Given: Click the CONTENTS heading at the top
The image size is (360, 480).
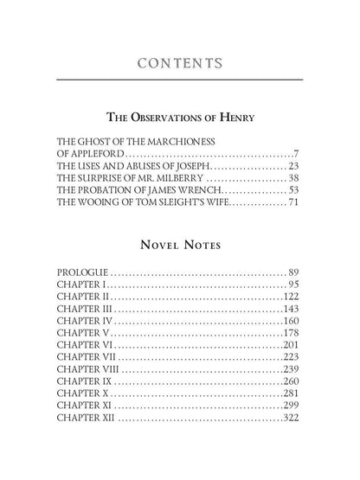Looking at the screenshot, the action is (x=179, y=63).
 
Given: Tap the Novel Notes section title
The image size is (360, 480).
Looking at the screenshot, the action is (x=179, y=245).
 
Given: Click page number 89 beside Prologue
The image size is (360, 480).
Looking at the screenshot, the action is (x=292, y=272).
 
